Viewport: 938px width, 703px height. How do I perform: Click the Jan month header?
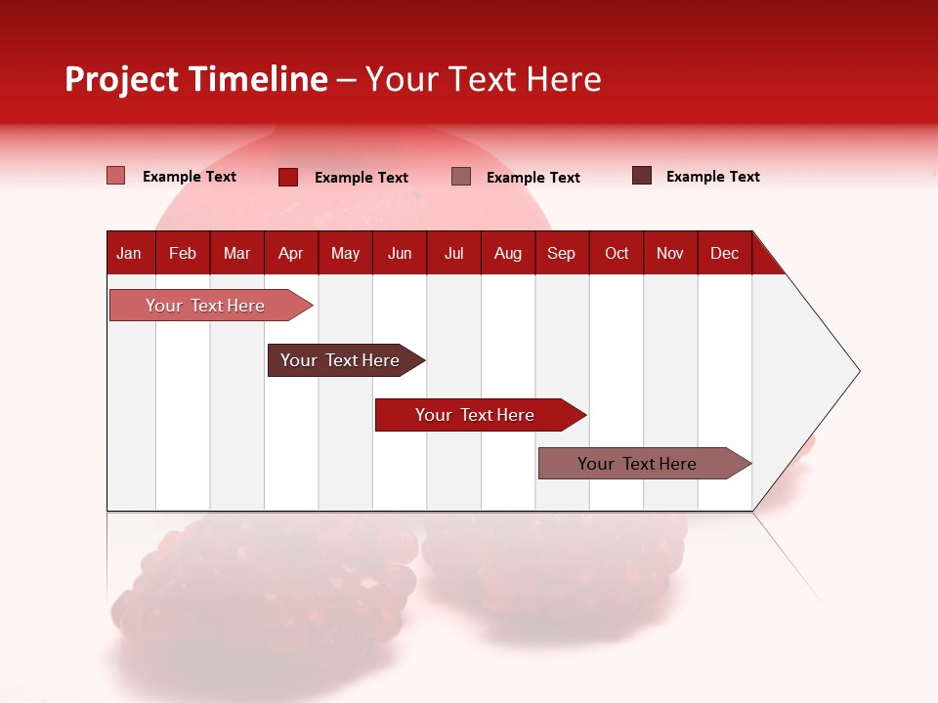pyautogui.click(x=130, y=253)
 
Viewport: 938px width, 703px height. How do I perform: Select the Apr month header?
pyautogui.click(x=291, y=253)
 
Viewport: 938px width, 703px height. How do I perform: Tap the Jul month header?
pyautogui.click(x=453, y=253)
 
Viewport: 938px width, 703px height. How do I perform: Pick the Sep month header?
pyautogui.click(x=561, y=253)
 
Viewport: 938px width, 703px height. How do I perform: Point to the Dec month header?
pyautogui.click(x=724, y=253)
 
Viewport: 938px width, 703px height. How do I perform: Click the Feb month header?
pyautogui.click(x=183, y=253)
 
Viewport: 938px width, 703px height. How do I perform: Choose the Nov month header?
pyautogui.click(x=670, y=253)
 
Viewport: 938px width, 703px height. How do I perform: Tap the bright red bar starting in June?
pyautogui.click(x=476, y=415)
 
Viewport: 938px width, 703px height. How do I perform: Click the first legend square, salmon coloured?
pyautogui.click(x=116, y=176)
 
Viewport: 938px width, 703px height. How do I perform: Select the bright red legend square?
pyautogui.click(x=288, y=177)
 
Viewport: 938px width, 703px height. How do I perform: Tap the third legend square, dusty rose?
pyautogui.click(x=461, y=177)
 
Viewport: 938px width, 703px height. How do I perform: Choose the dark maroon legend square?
pyautogui.click(x=642, y=176)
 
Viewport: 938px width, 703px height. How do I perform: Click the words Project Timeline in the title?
pyautogui.click(x=195, y=79)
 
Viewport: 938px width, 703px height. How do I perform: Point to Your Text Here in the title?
pyautogui.click(x=484, y=79)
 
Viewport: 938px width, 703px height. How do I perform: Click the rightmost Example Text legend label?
pyautogui.click(x=712, y=177)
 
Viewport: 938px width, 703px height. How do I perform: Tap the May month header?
pyautogui.click(x=345, y=253)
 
